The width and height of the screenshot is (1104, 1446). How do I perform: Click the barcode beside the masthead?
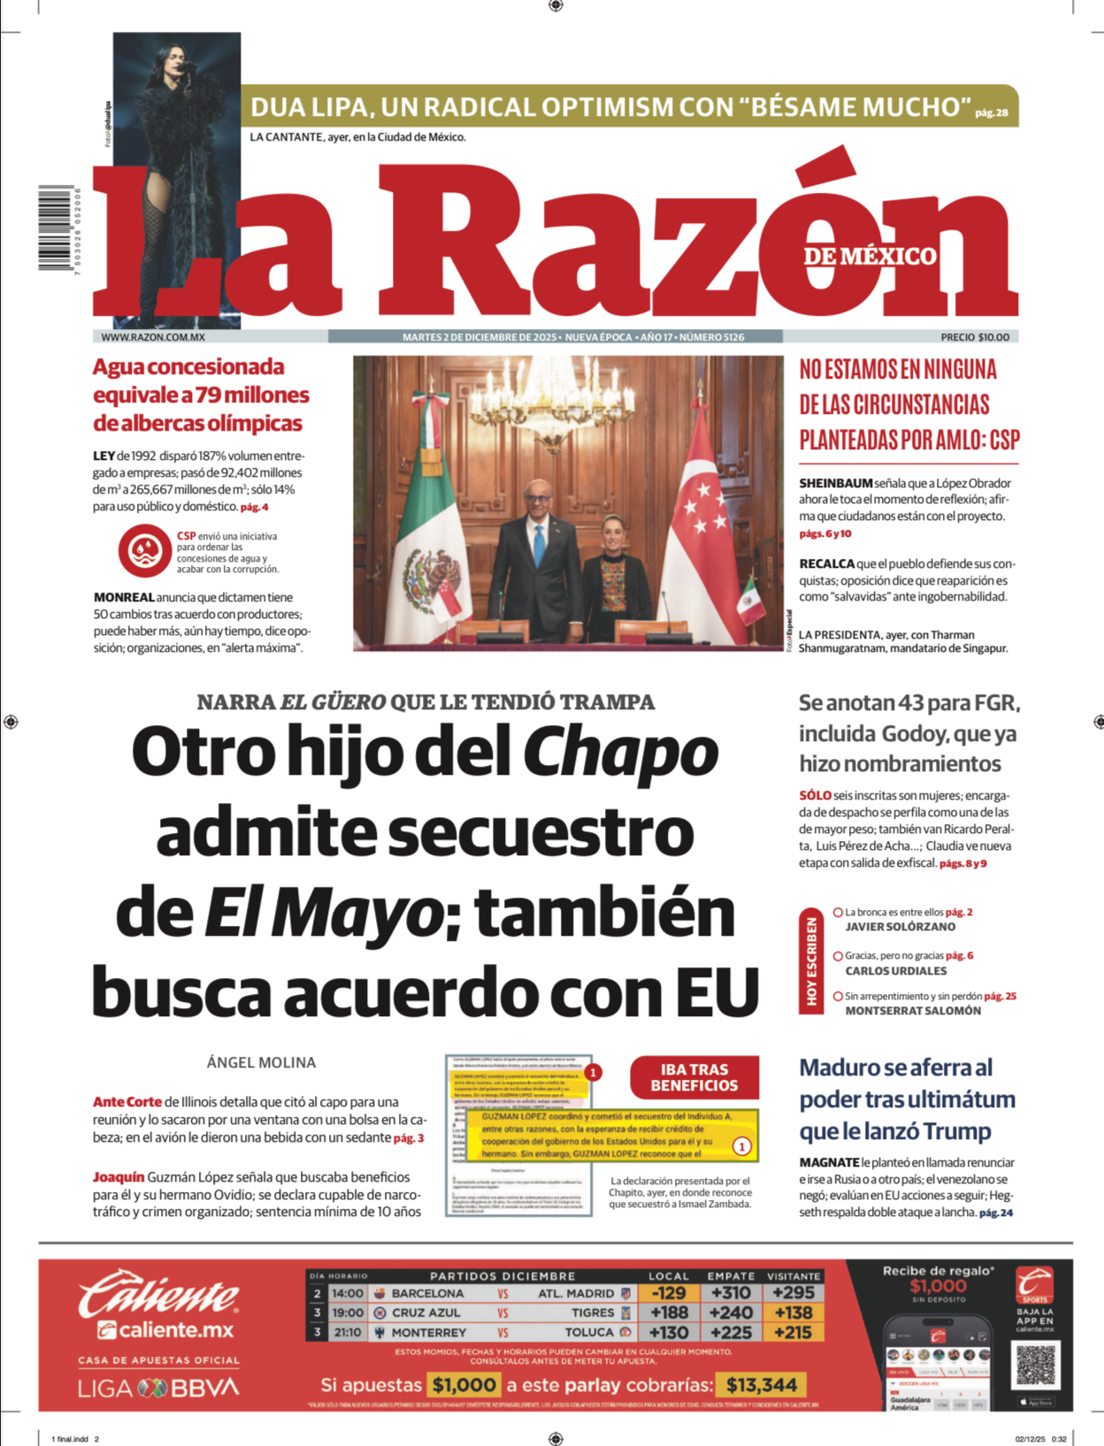[x=55, y=227]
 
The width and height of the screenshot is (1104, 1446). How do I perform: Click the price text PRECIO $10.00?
[x=974, y=337]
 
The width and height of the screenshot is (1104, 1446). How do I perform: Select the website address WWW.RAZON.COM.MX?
[x=153, y=337]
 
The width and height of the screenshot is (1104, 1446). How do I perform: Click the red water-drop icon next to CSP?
[x=145, y=550]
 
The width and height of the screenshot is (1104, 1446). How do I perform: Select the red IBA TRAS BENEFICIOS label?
[x=694, y=1077]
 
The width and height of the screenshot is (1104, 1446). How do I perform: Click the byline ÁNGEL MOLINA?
[x=261, y=1062]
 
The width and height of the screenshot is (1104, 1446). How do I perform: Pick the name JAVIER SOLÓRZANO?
[x=900, y=927]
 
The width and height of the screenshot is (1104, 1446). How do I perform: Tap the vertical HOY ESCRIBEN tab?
[x=811, y=960]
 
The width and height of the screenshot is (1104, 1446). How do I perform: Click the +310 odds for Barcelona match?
[x=731, y=1293]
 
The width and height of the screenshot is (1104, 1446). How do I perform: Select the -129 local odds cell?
[x=668, y=1293]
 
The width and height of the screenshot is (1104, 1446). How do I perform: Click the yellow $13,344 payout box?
[x=762, y=1385]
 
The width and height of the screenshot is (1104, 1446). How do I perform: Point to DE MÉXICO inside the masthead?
[x=870, y=256]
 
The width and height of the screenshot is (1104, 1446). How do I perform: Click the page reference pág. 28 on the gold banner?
[x=992, y=112]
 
